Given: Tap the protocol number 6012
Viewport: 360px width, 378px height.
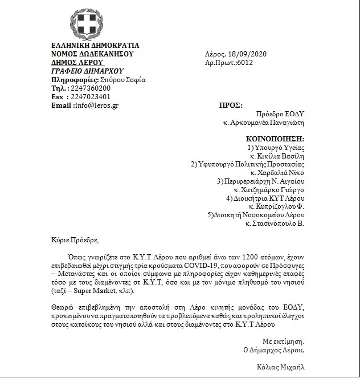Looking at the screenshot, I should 243,63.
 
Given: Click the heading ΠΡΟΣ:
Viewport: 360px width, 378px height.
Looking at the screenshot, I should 231,105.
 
